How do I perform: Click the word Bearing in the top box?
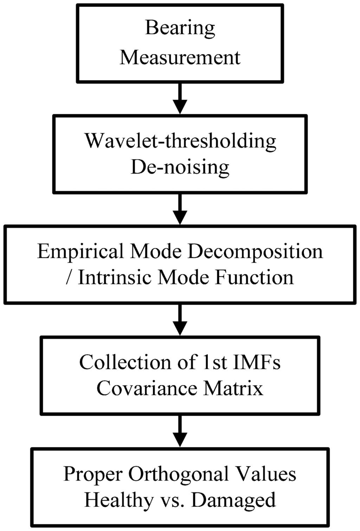click(x=180, y=28)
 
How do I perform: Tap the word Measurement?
click(x=180, y=57)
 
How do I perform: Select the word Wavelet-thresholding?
click(x=180, y=141)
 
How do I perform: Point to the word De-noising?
click(x=180, y=167)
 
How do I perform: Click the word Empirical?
click(x=81, y=252)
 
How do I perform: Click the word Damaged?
click(x=234, y=500)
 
